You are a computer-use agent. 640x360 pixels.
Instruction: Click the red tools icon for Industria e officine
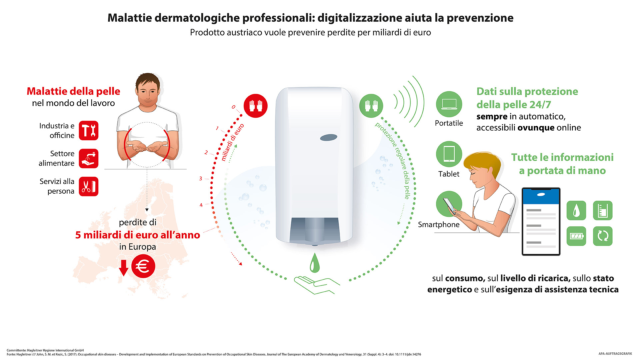(x=89, y=130)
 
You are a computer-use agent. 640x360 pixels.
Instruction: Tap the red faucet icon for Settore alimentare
(x=89, y=158)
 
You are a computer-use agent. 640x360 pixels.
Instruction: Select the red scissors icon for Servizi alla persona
(x=89, y=186)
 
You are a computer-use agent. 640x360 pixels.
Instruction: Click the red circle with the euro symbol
(x=143, y=266)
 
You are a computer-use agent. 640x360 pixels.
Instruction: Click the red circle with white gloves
(x=256, y=106)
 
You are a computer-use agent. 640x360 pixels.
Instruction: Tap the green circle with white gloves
(x=371, y=106)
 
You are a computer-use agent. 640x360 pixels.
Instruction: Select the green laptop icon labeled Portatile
(x=449, y=104)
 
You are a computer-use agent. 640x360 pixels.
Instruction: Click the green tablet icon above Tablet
(x=449, y=154)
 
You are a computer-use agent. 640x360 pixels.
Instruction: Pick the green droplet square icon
(x=576, y=210)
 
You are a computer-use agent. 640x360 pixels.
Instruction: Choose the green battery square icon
(x=576, y=236)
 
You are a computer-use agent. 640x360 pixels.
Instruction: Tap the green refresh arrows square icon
(x=603, y=236)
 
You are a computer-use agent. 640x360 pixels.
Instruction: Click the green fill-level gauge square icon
(x=603, y=210)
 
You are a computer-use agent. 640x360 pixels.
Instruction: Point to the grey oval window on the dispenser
(x=329, y=137)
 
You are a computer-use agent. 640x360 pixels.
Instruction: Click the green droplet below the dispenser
(x=315, y=263)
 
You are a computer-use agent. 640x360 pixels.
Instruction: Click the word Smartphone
(x=439, y=225)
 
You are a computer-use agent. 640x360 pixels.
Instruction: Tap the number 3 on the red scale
(x=201, y=178)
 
